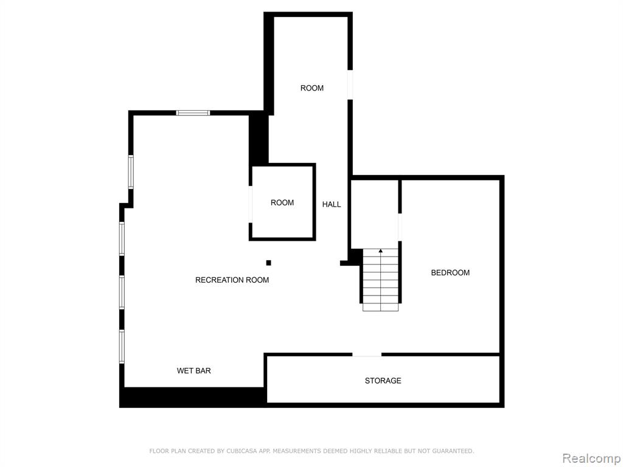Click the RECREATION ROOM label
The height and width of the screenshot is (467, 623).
click(x=232, y=280)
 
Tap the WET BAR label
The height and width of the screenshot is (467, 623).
click(x=194, y=371)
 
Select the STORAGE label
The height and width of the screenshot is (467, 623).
click(x=383, y=381)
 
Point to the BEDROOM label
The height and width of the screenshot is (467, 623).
click(x=450, y=273)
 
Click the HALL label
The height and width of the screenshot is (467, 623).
click(x=332, y=204)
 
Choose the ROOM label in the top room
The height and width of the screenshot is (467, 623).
click(x=312, y=88)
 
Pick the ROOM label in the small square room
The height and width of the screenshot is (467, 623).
click(x=282, y=203)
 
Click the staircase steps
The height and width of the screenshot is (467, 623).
click(x=380, y=280)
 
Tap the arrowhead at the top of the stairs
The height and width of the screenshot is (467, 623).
click(x=381, y=251)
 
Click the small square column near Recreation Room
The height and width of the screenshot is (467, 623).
click(x=268, y=263)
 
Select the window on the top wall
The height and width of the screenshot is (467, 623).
click(x=193, y=112)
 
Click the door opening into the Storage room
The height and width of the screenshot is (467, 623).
click(x=367, y=355)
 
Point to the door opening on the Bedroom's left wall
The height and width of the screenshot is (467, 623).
click(x=400, y=227)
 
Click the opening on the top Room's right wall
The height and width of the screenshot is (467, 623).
click(x=350, y=85)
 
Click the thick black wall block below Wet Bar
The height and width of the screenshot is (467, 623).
click(x=192, y=397)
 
